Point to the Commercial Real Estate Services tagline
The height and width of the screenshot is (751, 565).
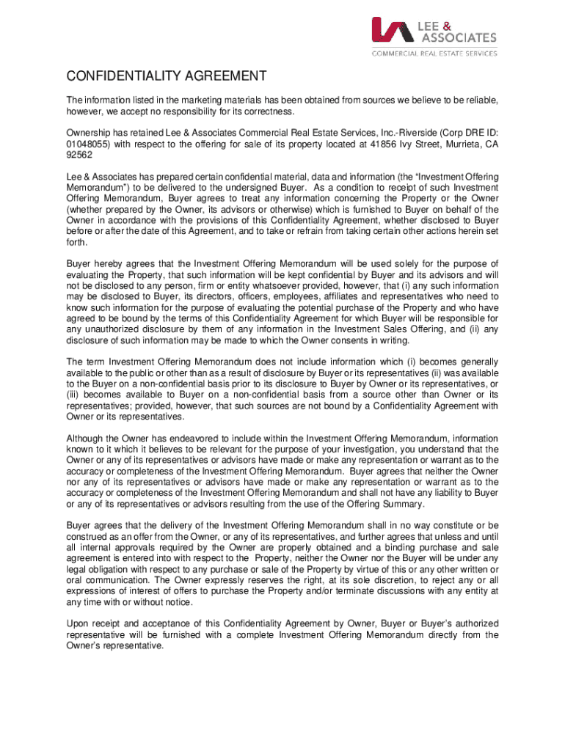pos(434,53)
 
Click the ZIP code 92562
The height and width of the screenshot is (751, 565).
pos(79,155)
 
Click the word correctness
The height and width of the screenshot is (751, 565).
pos(267,111)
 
